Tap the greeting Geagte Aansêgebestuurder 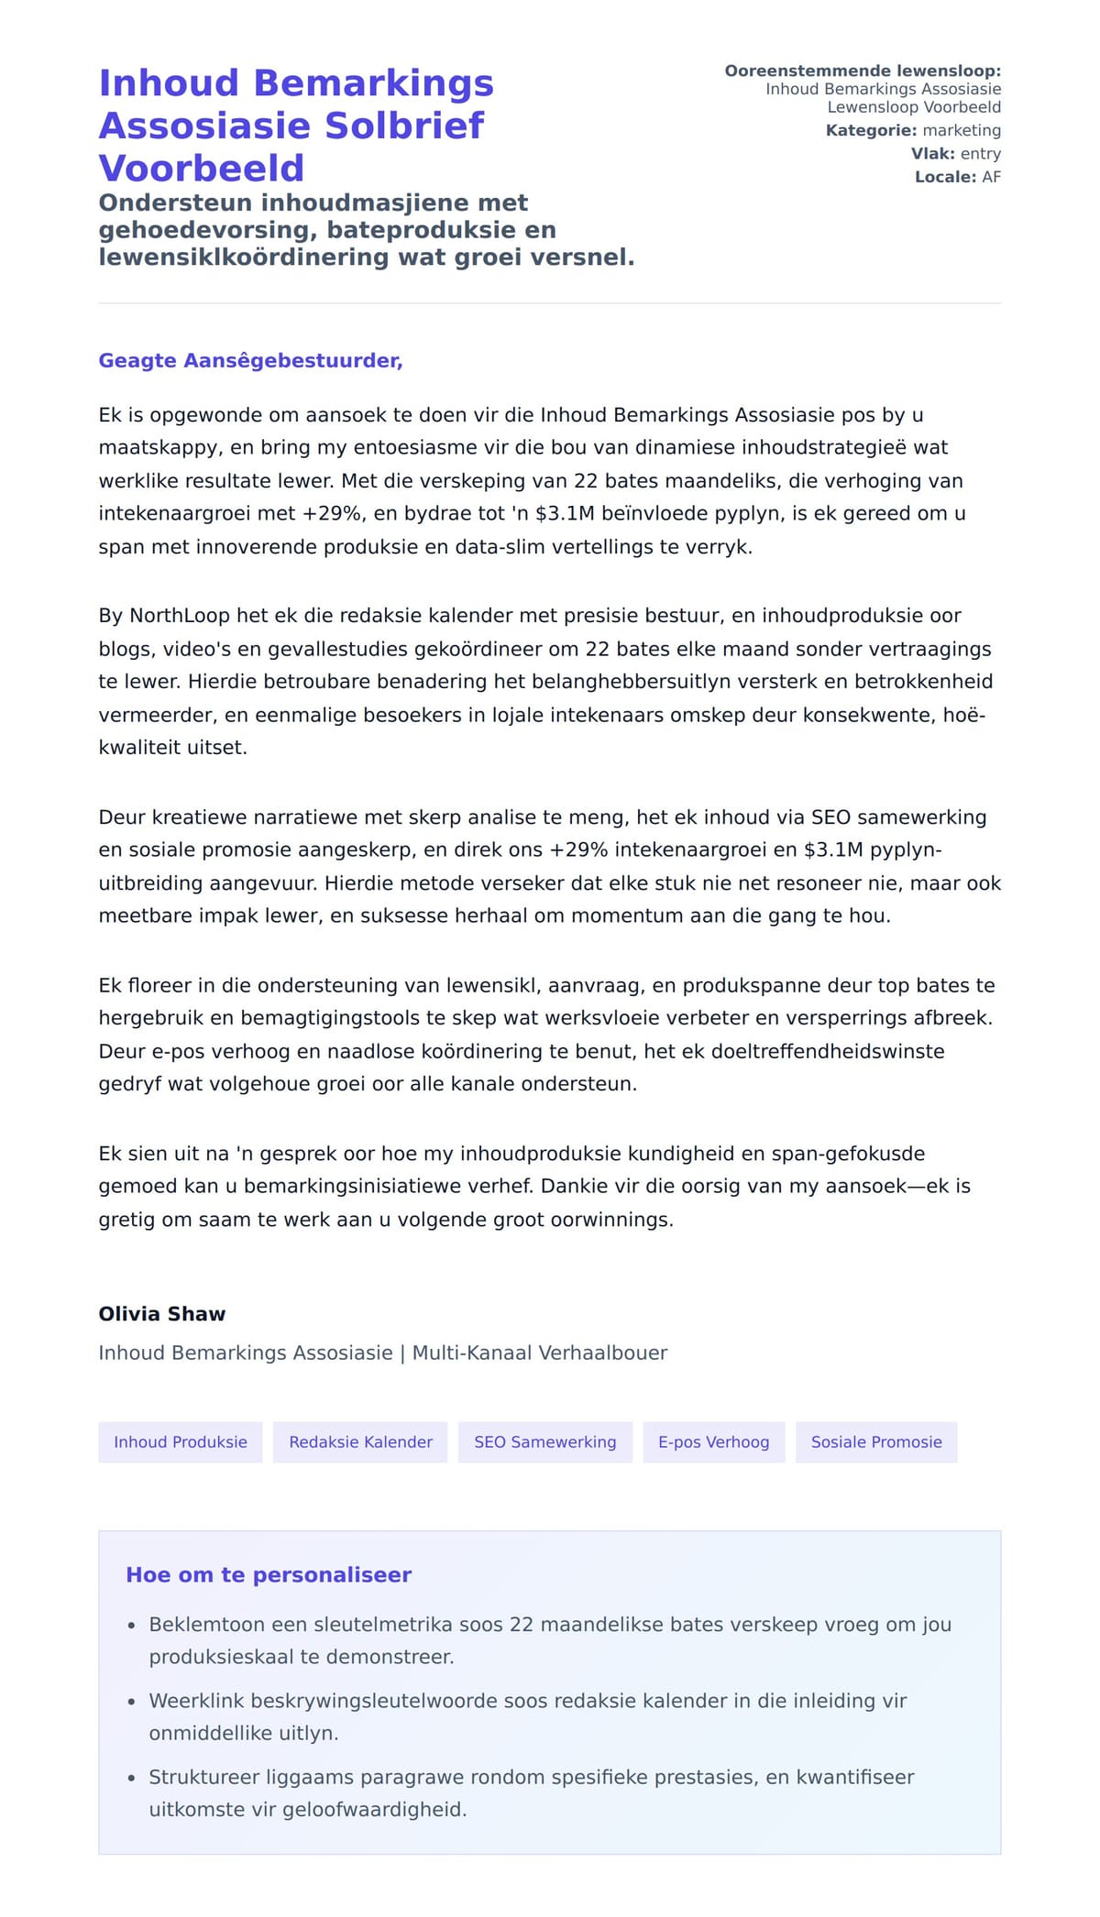coord(250,360)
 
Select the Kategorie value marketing coord(961,130)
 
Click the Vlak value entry coord(980,154)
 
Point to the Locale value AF coord(991,177)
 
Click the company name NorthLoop coord(179,616)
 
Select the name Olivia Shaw coord(161,1313)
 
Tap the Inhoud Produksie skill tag coord(181,1441)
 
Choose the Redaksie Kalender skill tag coord(360,1441)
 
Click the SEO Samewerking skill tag coord(545,1441)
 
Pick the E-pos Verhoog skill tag coord(713,1441)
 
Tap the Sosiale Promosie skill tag coord(876,1441)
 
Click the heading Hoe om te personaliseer coord(269,1574)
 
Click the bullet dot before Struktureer coord(131,1779)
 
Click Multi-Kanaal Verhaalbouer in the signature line coord(539,1353)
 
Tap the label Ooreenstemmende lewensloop coord(862,71)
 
